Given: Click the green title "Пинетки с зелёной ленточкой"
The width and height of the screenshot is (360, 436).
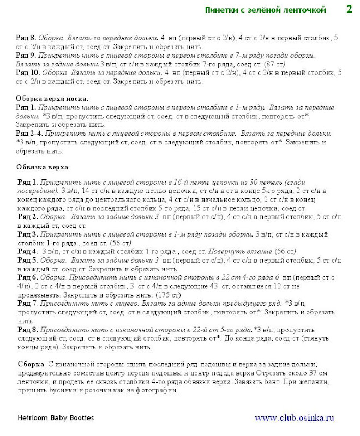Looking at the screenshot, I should [265, 10].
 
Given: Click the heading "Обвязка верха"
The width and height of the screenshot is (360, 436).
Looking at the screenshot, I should [42, 167].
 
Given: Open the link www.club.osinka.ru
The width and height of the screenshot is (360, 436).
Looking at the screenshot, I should [294, 418].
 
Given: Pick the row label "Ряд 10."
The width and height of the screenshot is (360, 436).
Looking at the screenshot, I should [27, 72].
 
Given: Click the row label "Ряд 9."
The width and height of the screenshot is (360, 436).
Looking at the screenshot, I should [26, 56].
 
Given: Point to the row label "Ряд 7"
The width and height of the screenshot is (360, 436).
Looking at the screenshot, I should [27, 302].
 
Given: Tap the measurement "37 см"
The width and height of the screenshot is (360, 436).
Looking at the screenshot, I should [319, 372].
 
